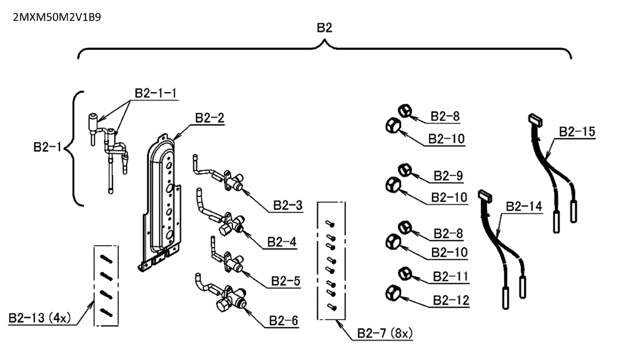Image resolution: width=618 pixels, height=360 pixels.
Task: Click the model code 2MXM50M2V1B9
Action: point(57,17)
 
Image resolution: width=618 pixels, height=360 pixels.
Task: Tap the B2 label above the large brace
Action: point(325,28)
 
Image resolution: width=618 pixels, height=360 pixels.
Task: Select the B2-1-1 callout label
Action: point(156,93)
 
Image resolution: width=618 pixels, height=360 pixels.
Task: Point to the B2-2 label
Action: point(210,118)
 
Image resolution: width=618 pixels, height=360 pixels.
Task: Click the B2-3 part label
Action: point(288,205)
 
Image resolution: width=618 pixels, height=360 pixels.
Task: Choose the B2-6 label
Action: point(284,321)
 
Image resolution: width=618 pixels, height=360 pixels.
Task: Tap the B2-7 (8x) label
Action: point(384,333)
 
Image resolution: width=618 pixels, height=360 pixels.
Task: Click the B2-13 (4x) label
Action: point(39,318)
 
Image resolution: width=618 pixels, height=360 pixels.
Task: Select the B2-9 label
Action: point(448,175)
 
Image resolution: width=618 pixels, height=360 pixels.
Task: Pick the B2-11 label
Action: point(451,277)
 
